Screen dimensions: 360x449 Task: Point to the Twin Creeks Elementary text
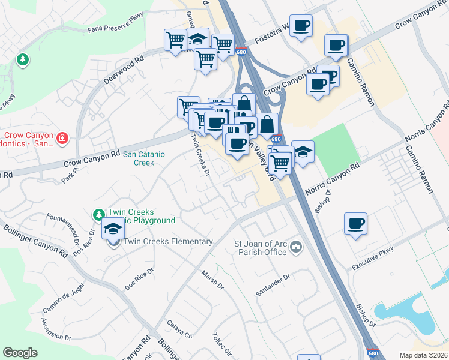pos(168,242)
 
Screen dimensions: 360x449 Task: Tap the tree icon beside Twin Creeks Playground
pos(98,214)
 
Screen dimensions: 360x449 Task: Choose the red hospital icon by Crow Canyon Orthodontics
pos(62,139)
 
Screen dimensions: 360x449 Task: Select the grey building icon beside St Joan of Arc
pos(296,247)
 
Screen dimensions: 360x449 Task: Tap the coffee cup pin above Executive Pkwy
pos(356,223)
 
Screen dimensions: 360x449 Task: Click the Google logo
pos(20,353)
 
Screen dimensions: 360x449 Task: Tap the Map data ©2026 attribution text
pos(423,355)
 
